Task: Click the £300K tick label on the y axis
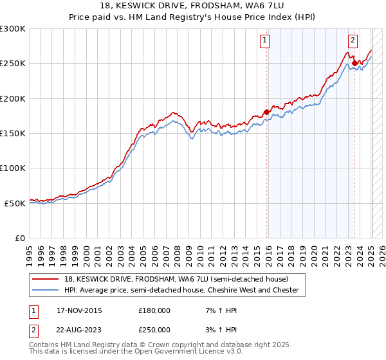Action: point(13,29)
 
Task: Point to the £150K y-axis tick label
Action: point(13,134)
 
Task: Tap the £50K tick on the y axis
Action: point(15,203)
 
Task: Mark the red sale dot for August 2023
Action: point(354,63)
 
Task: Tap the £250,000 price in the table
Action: point(154,330)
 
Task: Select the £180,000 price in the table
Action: point(154,310)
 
